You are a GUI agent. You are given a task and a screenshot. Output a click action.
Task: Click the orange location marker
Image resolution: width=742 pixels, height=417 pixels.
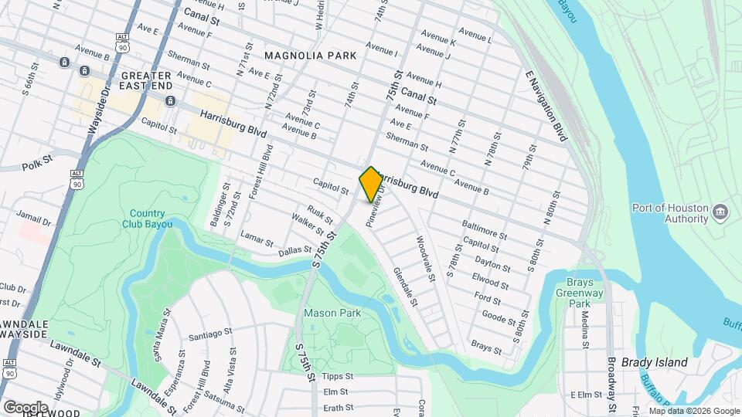coord(371,184)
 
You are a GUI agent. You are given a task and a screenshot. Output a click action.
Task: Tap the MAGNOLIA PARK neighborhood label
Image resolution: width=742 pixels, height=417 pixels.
coord(310,56)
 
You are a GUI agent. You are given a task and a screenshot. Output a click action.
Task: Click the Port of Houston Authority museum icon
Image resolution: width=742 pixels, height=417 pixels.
coord(720,212)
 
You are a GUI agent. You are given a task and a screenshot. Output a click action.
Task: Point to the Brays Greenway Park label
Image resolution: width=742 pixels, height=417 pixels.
coord(579,293)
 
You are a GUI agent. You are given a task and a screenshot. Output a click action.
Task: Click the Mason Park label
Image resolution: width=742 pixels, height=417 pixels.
coord(332,314)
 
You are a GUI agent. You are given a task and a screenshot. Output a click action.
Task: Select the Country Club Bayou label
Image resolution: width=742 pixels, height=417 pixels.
coord(147,219)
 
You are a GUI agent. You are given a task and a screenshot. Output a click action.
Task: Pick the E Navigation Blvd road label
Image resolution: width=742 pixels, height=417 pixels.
coord(552,103)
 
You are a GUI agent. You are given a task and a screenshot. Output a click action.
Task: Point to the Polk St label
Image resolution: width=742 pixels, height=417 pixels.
coord(36,164)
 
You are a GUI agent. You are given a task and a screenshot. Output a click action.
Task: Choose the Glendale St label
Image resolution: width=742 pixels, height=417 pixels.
coord(405,287)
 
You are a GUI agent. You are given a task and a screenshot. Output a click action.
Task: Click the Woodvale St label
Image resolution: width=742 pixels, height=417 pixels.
coord(427,258)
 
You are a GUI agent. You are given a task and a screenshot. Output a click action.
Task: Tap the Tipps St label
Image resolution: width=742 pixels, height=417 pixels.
coord(337,377)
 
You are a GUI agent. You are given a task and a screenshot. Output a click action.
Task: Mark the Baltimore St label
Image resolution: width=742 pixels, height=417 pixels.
coord(484,231)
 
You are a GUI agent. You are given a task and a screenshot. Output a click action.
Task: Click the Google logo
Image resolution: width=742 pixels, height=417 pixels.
coord(26,407)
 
